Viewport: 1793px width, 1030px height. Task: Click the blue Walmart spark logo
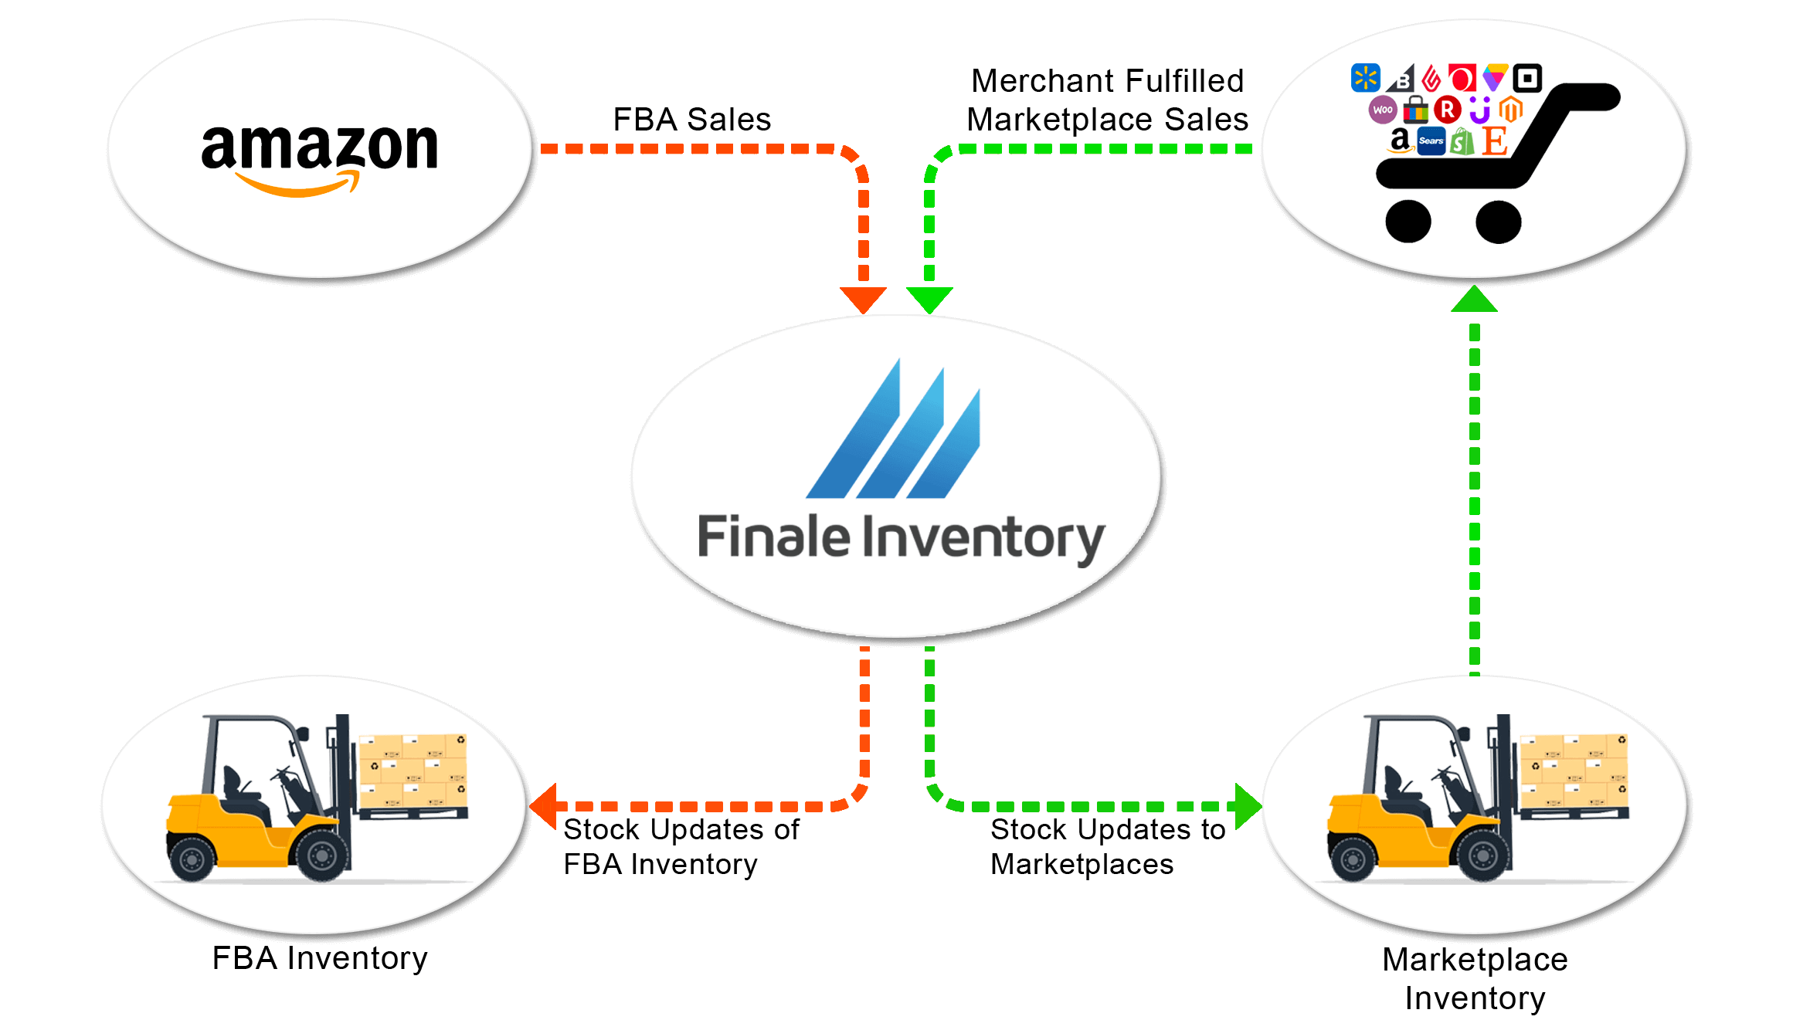point(1365,78)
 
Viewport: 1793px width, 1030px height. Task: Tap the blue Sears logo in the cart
point(1431,141)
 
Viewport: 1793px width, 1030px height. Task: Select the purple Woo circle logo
point(1383,110)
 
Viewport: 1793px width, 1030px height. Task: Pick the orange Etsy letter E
point(1495,141)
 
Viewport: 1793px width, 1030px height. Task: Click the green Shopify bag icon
point(1462,142)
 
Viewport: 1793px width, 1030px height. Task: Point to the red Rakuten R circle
point(1448,110)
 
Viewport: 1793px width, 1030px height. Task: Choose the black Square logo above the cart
point(1527,78)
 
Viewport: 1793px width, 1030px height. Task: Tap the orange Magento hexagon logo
point(1511,109)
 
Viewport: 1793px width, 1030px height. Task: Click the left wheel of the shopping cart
point(1408,222)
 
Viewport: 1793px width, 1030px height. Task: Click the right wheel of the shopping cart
point(1498,222)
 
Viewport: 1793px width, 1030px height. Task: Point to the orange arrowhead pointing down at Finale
point(863,300)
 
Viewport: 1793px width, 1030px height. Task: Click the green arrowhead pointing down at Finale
point(929,300)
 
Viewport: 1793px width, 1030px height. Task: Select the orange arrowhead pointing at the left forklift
point(544,806)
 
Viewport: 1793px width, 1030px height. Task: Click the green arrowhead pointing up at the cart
point(1474,300)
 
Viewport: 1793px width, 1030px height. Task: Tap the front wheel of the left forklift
point(321,855)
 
